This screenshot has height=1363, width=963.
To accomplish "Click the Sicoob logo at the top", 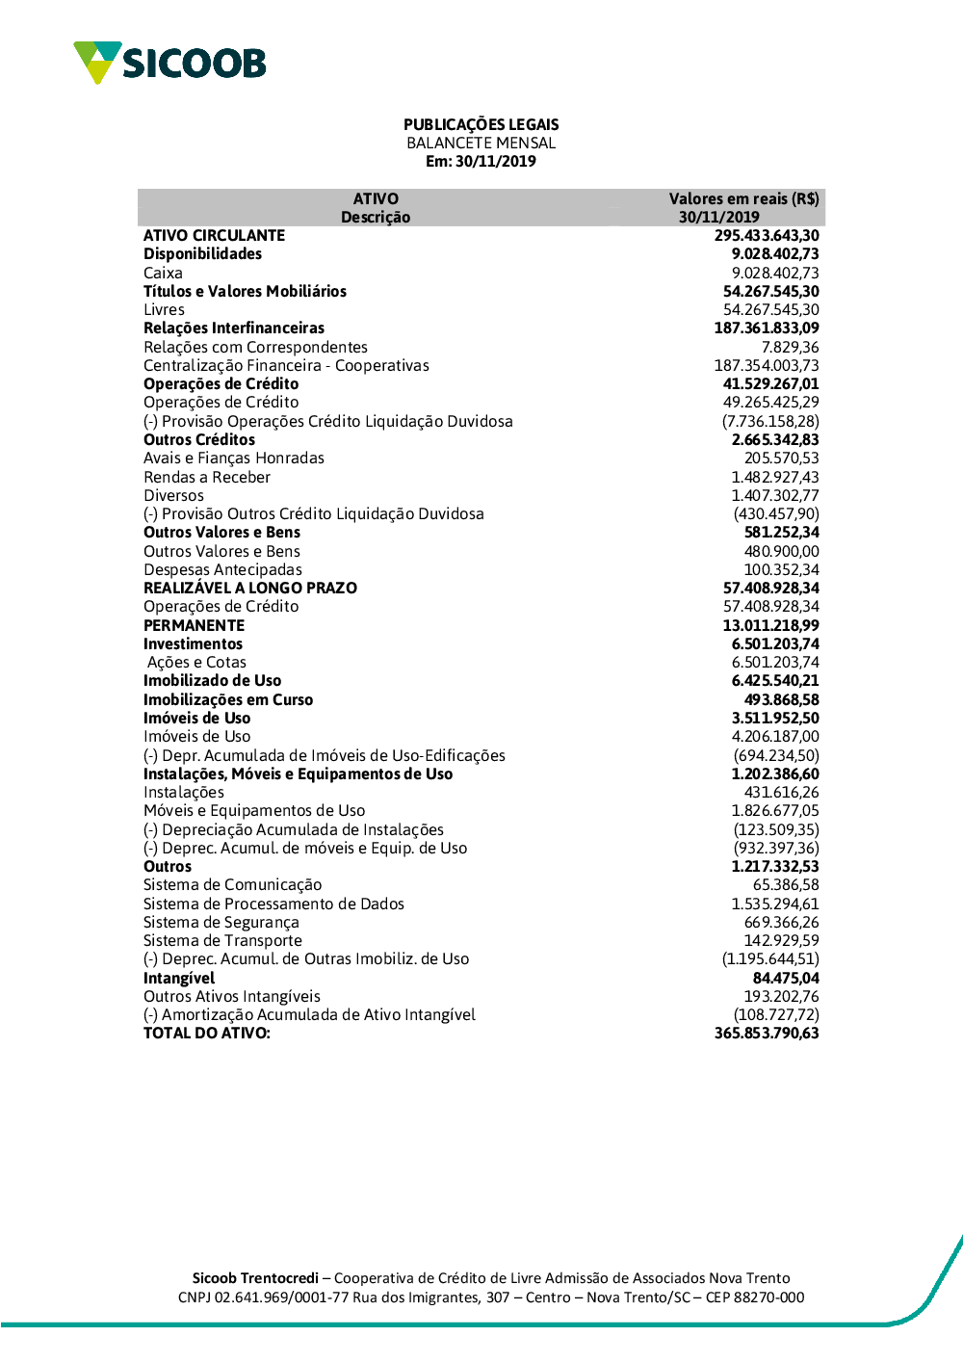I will [169, 63].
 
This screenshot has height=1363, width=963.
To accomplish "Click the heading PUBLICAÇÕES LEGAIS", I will [481, 124].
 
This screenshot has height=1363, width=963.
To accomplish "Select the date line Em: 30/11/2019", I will [481, 161].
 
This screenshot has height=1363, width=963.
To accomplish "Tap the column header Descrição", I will [376, 217].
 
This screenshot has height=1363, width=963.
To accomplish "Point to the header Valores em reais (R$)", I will [743, 198].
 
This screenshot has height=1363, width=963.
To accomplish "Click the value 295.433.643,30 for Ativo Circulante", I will [767, 235].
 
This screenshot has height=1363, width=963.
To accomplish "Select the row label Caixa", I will [163, 273].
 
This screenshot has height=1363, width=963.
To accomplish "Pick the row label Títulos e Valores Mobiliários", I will [245, 291].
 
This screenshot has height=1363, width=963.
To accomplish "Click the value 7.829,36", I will [790, 347].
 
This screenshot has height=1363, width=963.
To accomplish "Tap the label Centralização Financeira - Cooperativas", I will [286, 365].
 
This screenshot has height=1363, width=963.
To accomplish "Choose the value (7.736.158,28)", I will [770, 421].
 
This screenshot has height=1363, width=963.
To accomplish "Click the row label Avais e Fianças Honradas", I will [234, 458].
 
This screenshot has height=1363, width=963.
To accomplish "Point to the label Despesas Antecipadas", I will [222, 569].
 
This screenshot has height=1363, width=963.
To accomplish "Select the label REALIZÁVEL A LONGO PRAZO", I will [250, 588].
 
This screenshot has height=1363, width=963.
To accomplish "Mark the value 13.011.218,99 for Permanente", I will [770, 625].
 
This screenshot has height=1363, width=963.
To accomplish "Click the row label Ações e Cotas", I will [196, 662].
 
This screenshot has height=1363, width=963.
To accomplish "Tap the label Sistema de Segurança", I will [221, 922].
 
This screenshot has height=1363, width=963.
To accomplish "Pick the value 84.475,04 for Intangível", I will [786, 978].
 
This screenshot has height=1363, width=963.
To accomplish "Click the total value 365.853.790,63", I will [767, 1033].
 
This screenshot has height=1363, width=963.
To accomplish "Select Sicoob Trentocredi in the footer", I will [255, 1278].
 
